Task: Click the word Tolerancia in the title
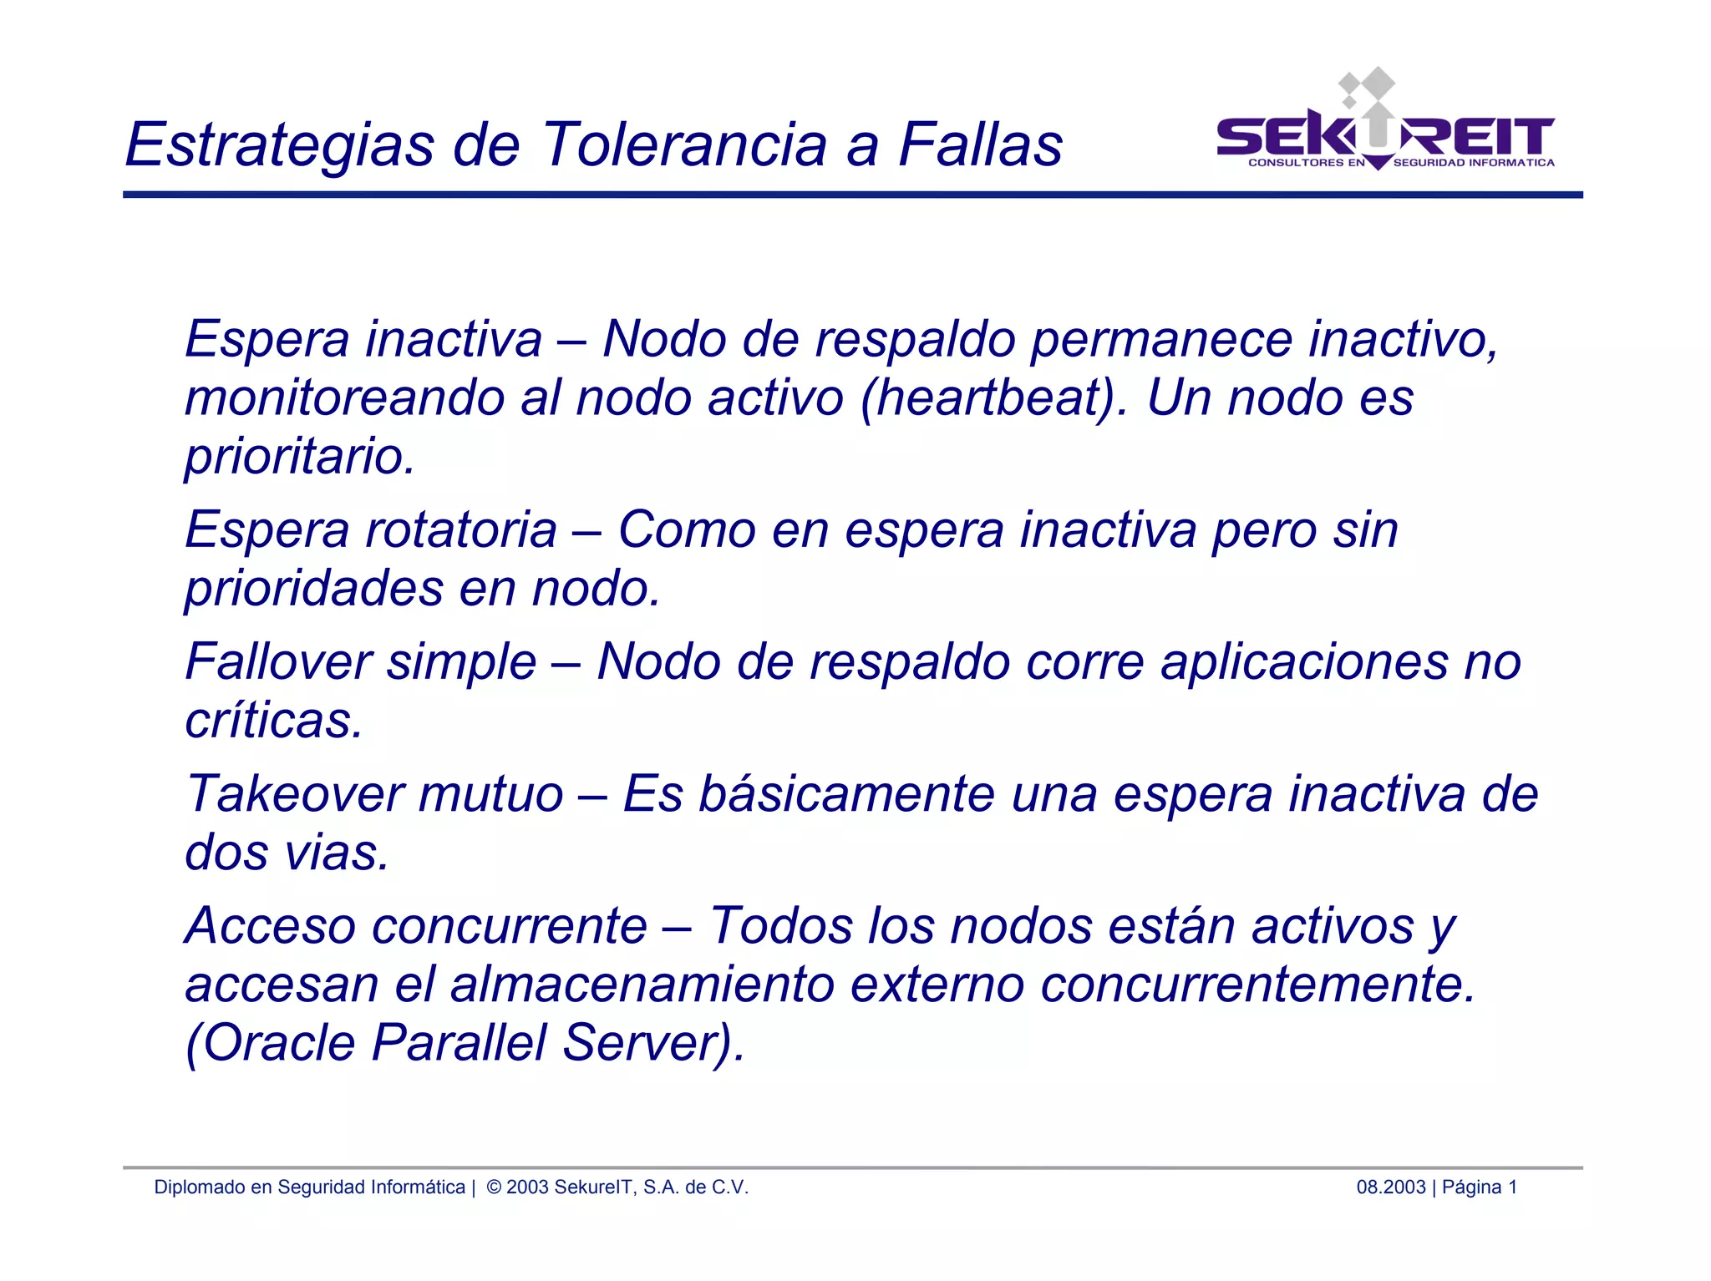pos(685,144)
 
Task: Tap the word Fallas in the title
pos(980,144)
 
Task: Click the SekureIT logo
pos(1385,125)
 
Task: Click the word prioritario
pos(300,458)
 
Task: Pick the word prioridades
pos(314,589)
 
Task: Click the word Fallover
pos(278,662)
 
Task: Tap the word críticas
pos(274,721)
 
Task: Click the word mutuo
pos(491,794)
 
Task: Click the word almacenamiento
pos(642,985)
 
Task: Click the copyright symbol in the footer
pos(494,1187)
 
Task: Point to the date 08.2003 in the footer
pos(1390,1187)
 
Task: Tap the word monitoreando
pos(345,398)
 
